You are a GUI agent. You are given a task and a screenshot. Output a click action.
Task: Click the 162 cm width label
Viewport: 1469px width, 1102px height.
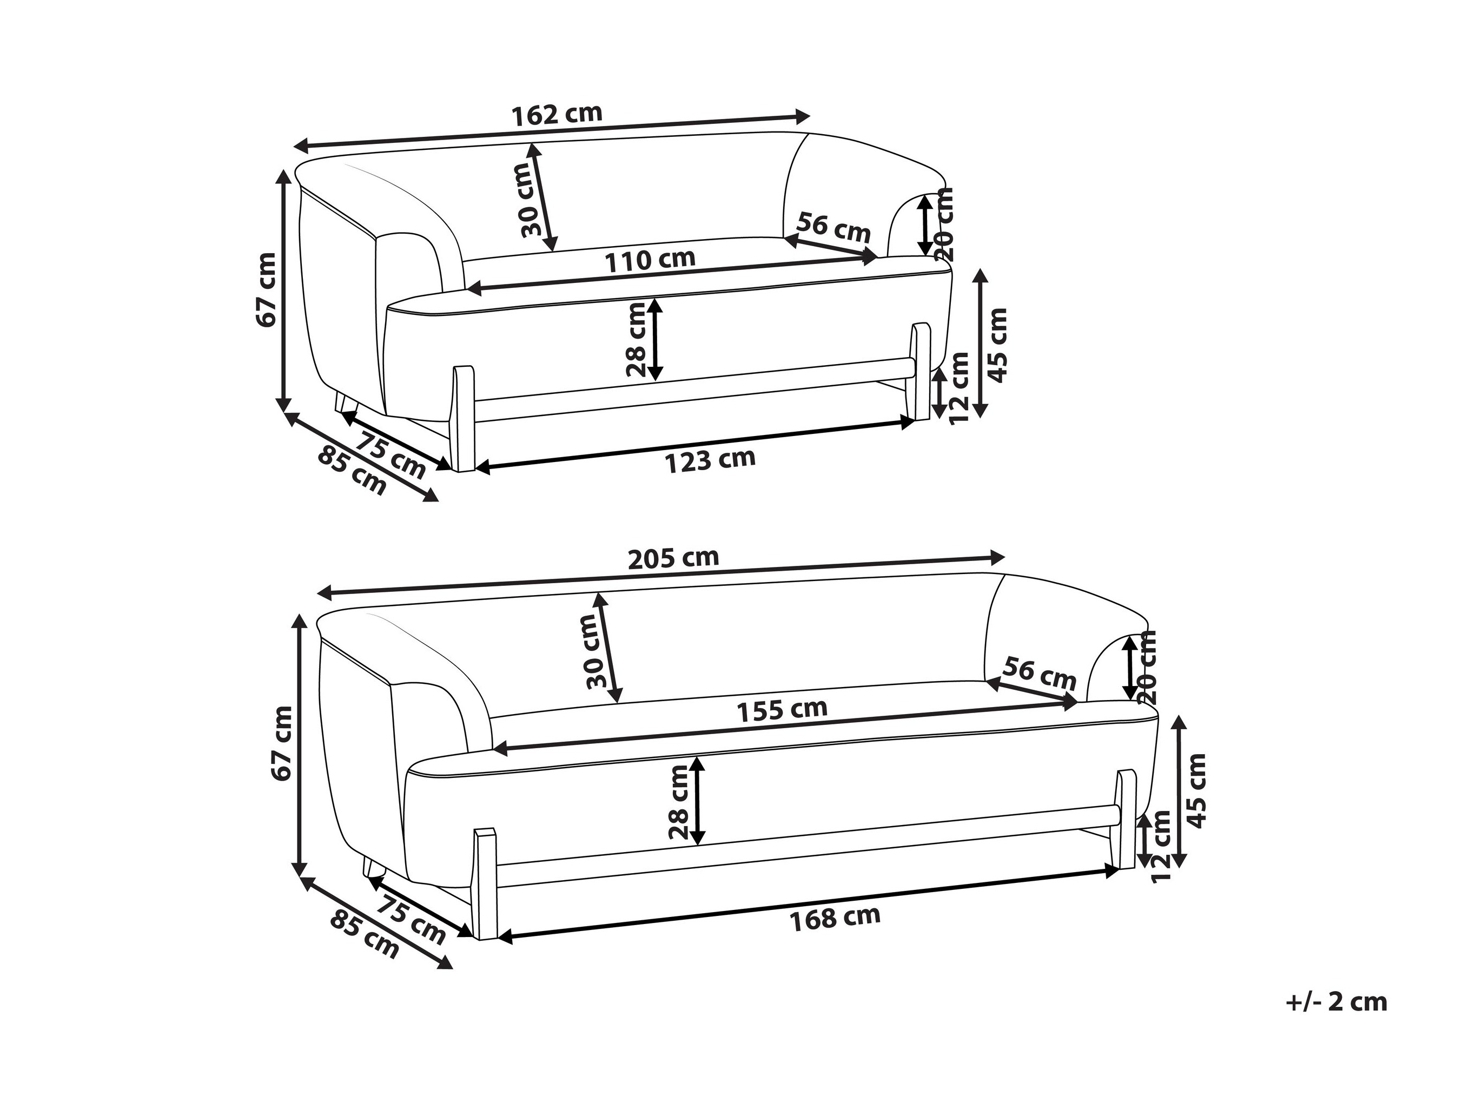click(x=557, y=114)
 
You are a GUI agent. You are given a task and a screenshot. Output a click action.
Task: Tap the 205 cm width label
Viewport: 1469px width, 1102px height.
click(x=673, y=558)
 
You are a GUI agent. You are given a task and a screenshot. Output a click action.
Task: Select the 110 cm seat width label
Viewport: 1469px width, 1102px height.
click(x=650, y=260)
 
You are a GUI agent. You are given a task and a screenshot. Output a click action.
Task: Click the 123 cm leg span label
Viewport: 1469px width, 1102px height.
click(x=710, y=460)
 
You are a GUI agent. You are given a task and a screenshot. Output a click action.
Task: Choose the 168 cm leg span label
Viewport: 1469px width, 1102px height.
click(x=835, y=918)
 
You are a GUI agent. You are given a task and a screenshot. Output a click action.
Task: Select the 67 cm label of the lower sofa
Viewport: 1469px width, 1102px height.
click(x=283, y=743)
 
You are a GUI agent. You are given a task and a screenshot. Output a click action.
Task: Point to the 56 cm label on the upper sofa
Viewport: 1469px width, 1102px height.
click(x=833, y=227)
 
